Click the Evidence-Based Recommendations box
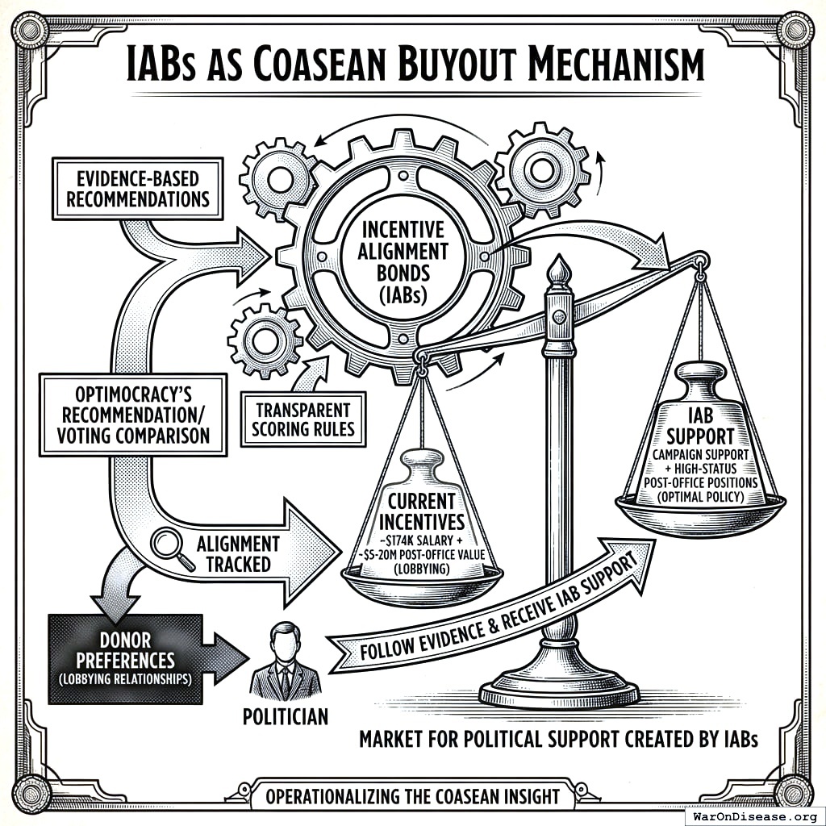pyautogui.click(x=137, y=188)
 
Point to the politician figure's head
pyautogui.click(x=285, y=640)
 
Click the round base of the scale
pyautogui.click(x=558, y=690)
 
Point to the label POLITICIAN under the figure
pyautogui.click(x=286, y=715)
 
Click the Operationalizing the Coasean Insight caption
pyautogui.click(x=412, y=796)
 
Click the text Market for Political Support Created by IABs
pyautogui.click(x=558, y=738)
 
